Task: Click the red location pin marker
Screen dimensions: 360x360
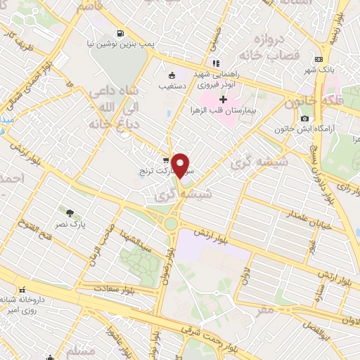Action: [181, 165]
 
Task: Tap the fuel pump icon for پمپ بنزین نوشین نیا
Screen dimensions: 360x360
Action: [121, 32]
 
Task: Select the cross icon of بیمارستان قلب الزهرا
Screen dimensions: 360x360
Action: [223, 99]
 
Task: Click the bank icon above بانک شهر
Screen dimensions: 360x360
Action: [319, 59]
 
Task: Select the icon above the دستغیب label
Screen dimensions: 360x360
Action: [172, 75]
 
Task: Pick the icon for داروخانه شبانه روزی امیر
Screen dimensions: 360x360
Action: [24, 289]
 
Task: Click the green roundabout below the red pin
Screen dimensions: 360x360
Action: [170, 224]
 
